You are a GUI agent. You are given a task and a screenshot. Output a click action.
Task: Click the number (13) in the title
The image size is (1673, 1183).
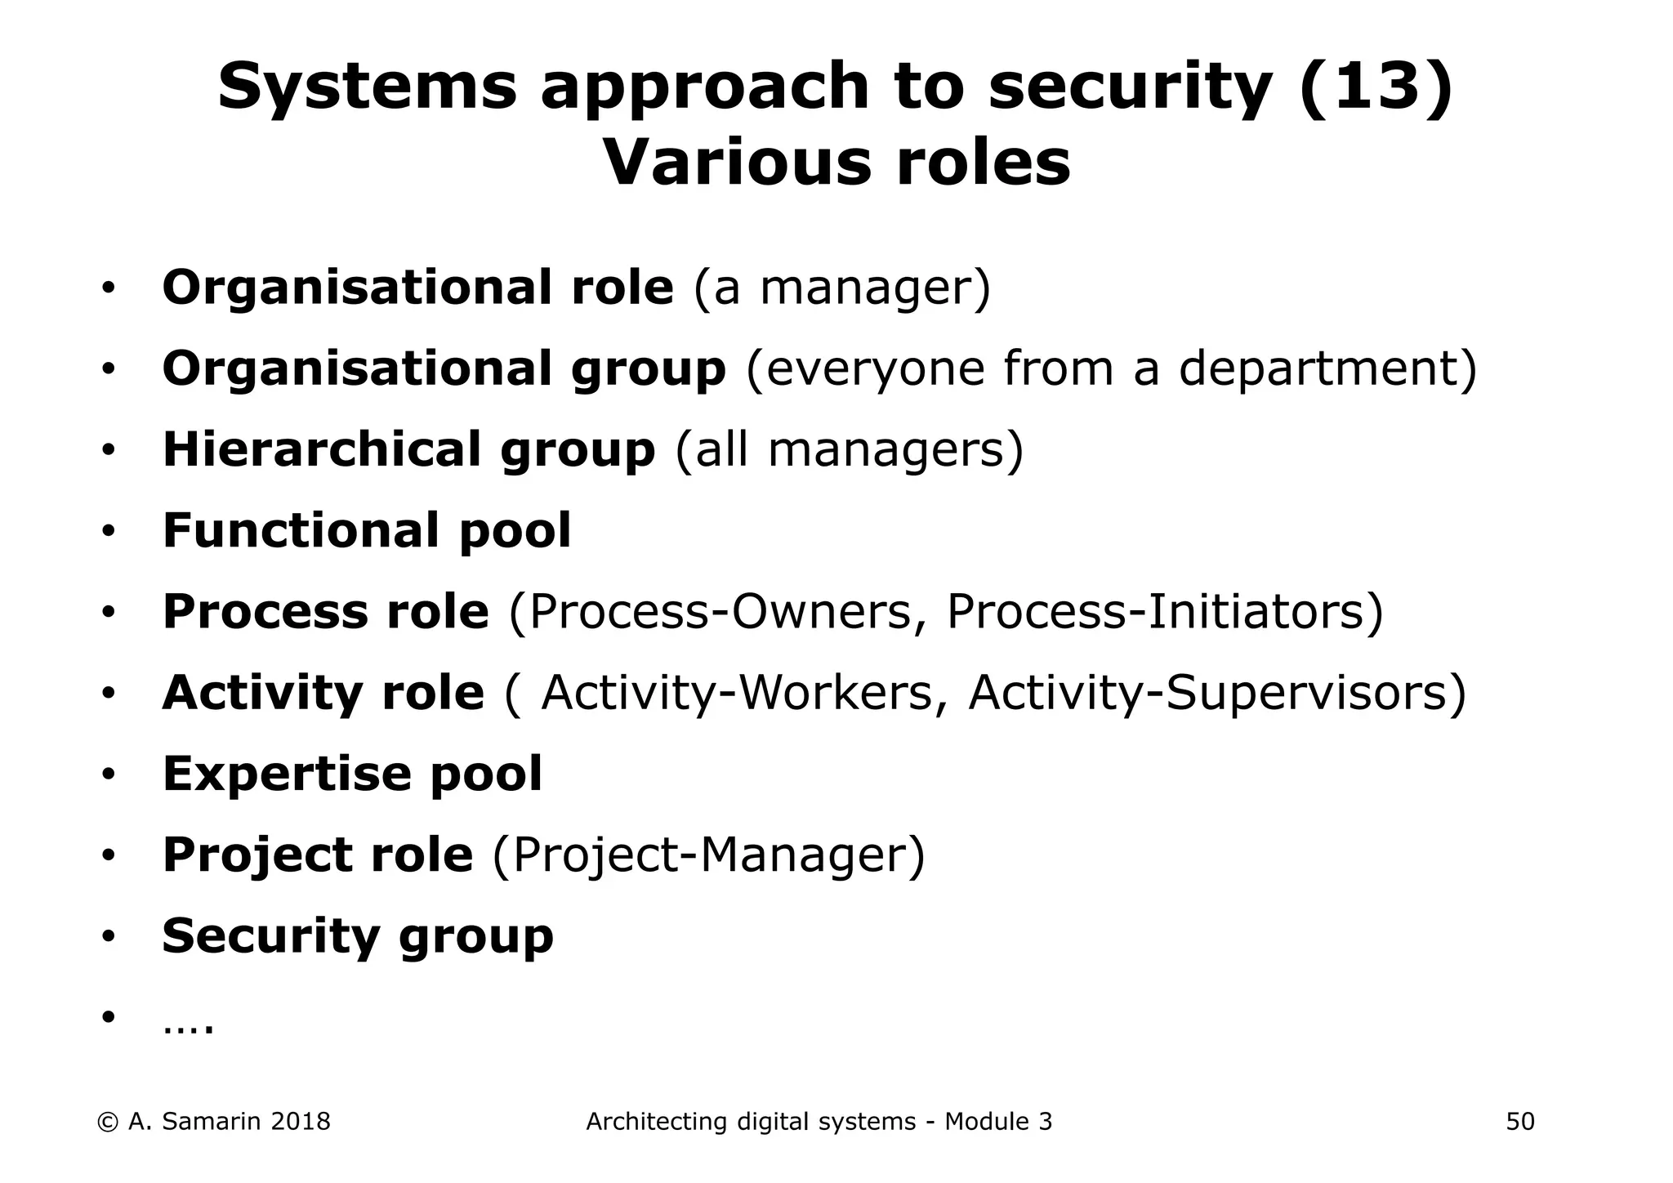tap(1375, 87)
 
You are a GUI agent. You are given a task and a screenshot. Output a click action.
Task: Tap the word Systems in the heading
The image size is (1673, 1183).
tap(368, 87)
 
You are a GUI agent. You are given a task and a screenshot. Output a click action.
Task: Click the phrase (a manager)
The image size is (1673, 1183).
tap(841, 288)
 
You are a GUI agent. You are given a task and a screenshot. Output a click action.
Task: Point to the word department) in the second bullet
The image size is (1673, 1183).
tap(1327, 369)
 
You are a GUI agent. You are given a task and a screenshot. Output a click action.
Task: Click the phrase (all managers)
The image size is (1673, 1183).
tap(849, 449)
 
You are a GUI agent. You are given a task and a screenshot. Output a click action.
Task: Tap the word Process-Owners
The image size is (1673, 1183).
tap(719, 611)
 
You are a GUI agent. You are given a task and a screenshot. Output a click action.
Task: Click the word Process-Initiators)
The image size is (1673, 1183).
tap(1165, 611)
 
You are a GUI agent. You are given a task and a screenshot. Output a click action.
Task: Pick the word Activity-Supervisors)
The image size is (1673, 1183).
tap(1217, 693)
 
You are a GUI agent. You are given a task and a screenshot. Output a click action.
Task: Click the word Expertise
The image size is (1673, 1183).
tap(283, 774)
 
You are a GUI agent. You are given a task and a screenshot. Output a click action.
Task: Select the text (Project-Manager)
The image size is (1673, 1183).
tap(708, 855)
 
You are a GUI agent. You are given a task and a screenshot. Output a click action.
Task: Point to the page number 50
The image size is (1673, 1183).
tap(1520, 1122)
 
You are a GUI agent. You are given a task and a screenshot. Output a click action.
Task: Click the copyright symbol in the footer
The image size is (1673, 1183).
tap(107, 1123)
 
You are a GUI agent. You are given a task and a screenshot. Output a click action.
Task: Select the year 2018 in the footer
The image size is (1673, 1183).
tap(300, 1122)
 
